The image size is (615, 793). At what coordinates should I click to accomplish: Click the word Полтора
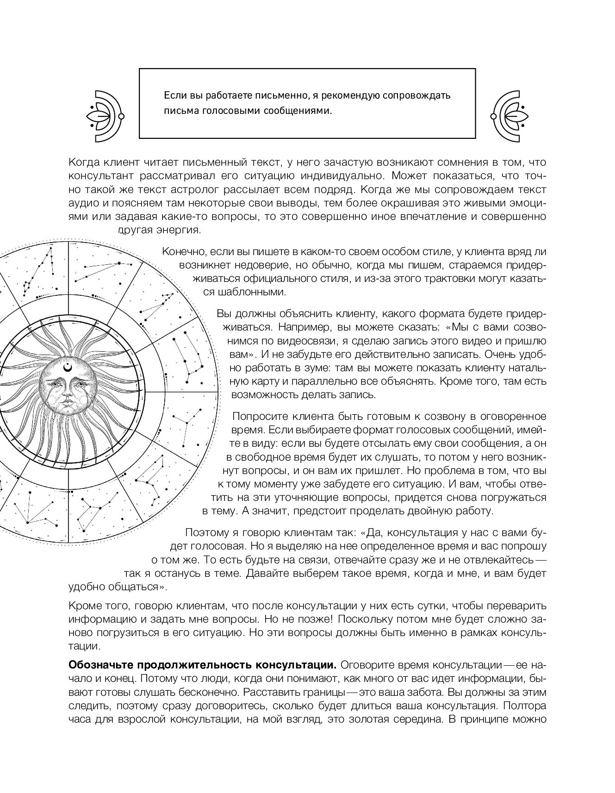coord(523,706)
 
